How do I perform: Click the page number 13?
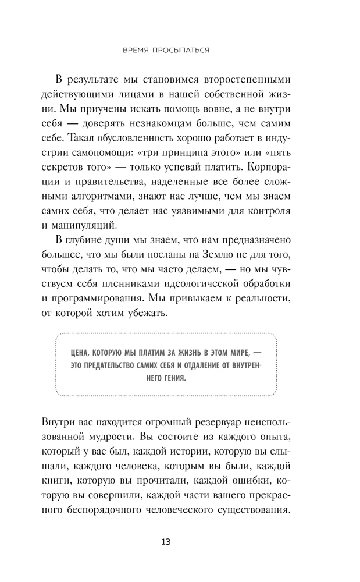pos(166,542)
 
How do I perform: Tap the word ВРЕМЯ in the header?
pos(140,51)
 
